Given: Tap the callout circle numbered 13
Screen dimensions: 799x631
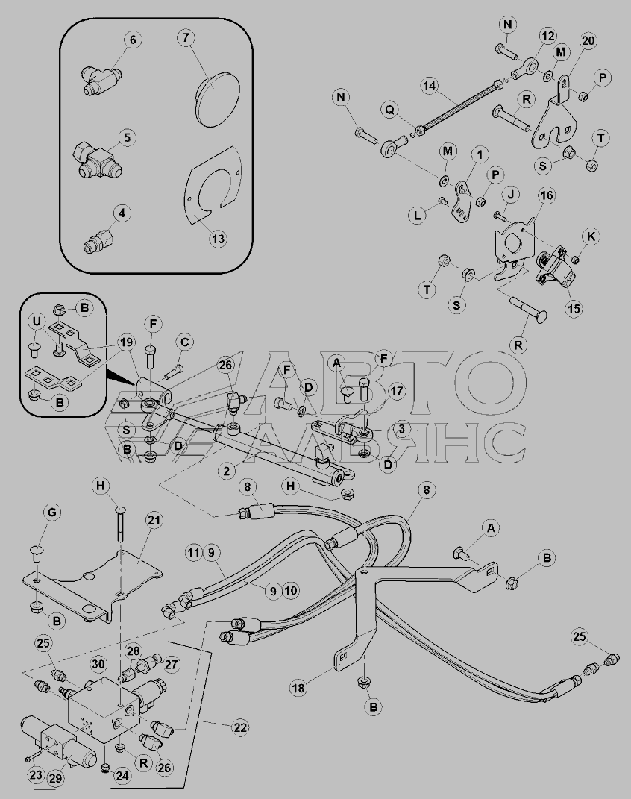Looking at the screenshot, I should pyautogui.click(x=217, y=239).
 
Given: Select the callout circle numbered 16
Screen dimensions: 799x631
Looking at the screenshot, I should pyautogui.click(x=546, y=195).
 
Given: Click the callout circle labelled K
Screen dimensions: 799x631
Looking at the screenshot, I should pyautogui.click(x=591, y=236).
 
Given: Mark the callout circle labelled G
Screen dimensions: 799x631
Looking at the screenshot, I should pyautogui.click(x=53, y=513).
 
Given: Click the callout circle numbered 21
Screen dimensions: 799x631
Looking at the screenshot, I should pyautogui.click(x=154, y=520).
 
